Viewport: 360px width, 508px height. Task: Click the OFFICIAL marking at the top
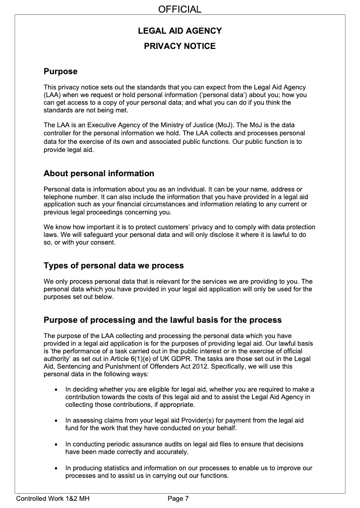tap(180, 9)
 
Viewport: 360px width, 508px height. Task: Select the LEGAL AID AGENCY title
tap(180, 31)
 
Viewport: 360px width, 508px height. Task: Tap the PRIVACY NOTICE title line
tap(180, 46)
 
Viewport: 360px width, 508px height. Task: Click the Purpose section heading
tap(60, 71)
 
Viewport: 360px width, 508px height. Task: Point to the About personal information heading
tap(99, 174)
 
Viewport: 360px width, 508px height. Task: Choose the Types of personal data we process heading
tap(113, 266)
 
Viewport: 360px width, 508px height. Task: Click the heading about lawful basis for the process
tap(162, 320)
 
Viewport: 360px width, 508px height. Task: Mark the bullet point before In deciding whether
tap(55, 389)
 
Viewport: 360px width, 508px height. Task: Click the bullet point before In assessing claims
tap(55, 421)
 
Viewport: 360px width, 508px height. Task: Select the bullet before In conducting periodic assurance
tap(55, 445)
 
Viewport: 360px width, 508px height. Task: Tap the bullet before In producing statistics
tap(55, 468)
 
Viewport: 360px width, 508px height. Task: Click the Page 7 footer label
tap(178, 498)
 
